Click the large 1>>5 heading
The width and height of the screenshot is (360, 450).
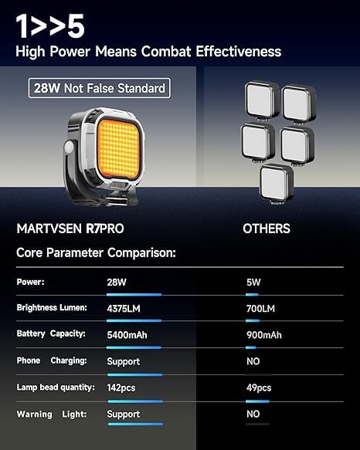click(x=50, y=26)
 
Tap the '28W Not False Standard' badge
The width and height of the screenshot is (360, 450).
click(x=99, y=88)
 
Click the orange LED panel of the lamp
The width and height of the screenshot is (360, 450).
click(x=119, y=149)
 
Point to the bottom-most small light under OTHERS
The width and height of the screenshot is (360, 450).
click(x=277, y=184)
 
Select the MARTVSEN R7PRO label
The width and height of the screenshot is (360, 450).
click(x=70, y=228)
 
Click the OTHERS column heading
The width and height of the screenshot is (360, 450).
click(x=267, y=228)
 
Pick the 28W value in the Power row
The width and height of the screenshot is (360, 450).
click(x=117, y=282)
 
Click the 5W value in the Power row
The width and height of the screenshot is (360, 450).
click(x=253, y=282)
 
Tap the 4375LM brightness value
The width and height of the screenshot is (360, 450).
click(x=124, y=309)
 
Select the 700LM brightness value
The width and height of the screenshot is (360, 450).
click(x=260, y=309)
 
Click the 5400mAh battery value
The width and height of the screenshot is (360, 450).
click(x=127, y=335)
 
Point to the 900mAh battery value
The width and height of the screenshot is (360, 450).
click(x=264, y=335)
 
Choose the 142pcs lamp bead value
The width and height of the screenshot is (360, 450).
click(x=121, y=388)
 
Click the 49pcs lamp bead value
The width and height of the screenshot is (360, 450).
click(x=259, y=388)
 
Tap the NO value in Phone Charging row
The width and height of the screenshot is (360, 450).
click(x=253, y=361)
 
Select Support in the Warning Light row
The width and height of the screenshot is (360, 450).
click(x=124, y=414)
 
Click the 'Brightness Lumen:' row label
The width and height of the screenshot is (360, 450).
click(x=52, y=308)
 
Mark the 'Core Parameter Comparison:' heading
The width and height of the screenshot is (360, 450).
click(x=96, y=253)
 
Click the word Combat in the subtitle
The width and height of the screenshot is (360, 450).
click(x=166, y=52)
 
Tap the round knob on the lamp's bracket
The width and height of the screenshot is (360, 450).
click(x=70, y=148)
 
